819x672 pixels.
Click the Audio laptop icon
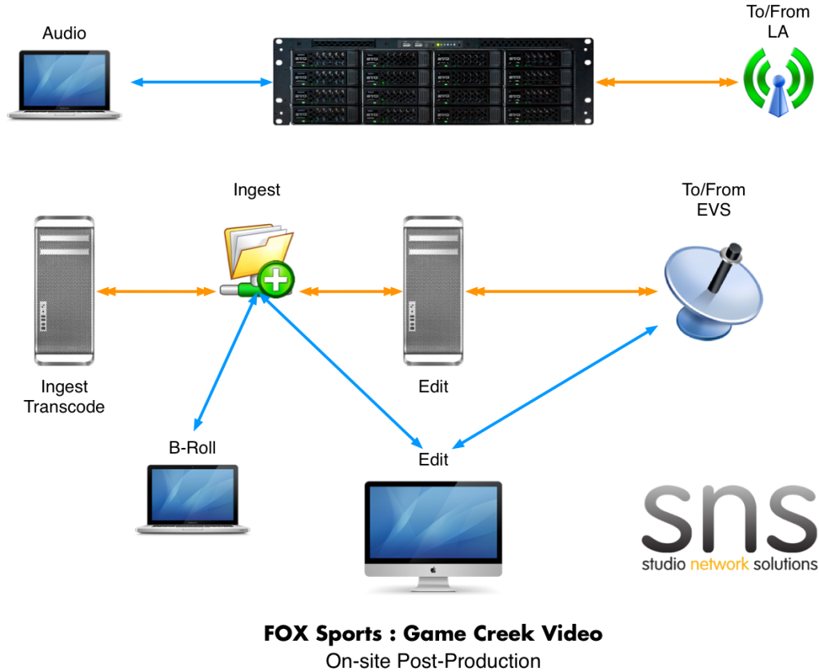[64, 85]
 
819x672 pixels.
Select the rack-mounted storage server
[433, 82]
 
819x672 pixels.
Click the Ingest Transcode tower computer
[64, 290]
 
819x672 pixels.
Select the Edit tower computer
[433, 290]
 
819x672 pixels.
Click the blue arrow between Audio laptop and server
[202, 82]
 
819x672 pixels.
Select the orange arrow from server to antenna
[666, 82]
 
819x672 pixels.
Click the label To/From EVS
[713, 200]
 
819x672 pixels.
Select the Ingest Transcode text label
[64, 397]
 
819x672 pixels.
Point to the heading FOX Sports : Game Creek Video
[433, 634]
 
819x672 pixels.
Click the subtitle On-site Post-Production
[433, 661]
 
